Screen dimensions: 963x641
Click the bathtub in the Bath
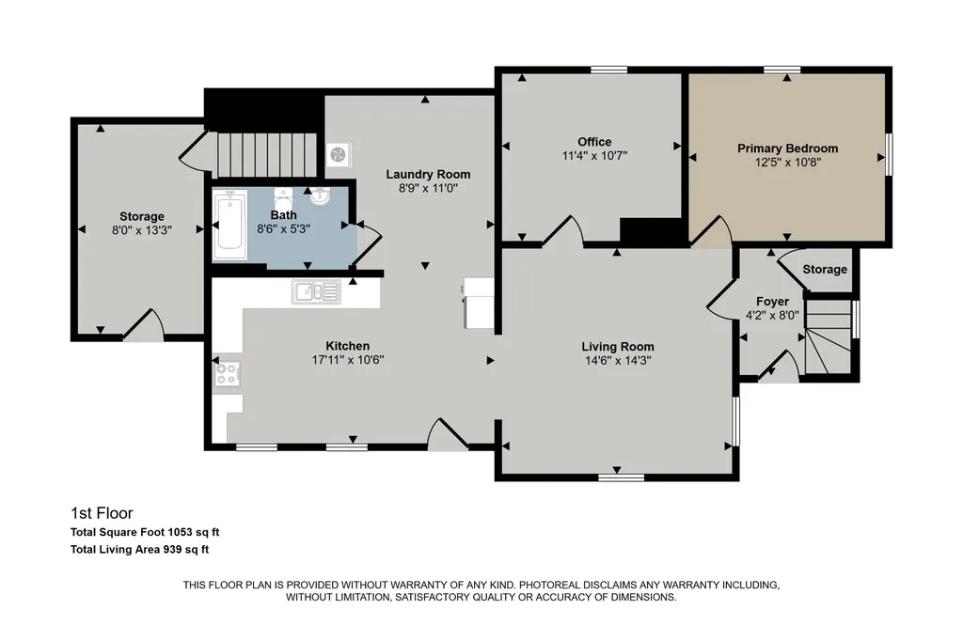(x=229, y=225)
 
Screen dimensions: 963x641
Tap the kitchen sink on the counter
(x=316, y=291)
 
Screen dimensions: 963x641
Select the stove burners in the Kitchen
(x=227, y=374)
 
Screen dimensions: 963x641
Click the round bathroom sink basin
(x=320, y=196)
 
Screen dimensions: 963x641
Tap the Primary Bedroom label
(x=787, y=148)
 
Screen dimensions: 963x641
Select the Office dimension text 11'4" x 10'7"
(x=594, y=156)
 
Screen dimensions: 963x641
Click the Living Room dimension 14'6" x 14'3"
(x=618, y=360)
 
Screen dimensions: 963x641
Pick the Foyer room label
(x=772, y=302)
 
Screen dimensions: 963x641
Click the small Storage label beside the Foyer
(x=824, y=270)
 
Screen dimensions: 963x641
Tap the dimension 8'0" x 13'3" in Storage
(x=142, y=230)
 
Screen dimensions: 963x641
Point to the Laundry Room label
(x=428, y=175)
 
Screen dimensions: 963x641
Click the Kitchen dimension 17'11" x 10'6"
(x=348, y=360)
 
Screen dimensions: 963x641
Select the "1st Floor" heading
(x=102, y=513)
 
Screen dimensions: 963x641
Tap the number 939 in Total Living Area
(x=171, y=550)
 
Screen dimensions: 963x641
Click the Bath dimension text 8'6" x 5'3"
(x=283, y=229)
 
